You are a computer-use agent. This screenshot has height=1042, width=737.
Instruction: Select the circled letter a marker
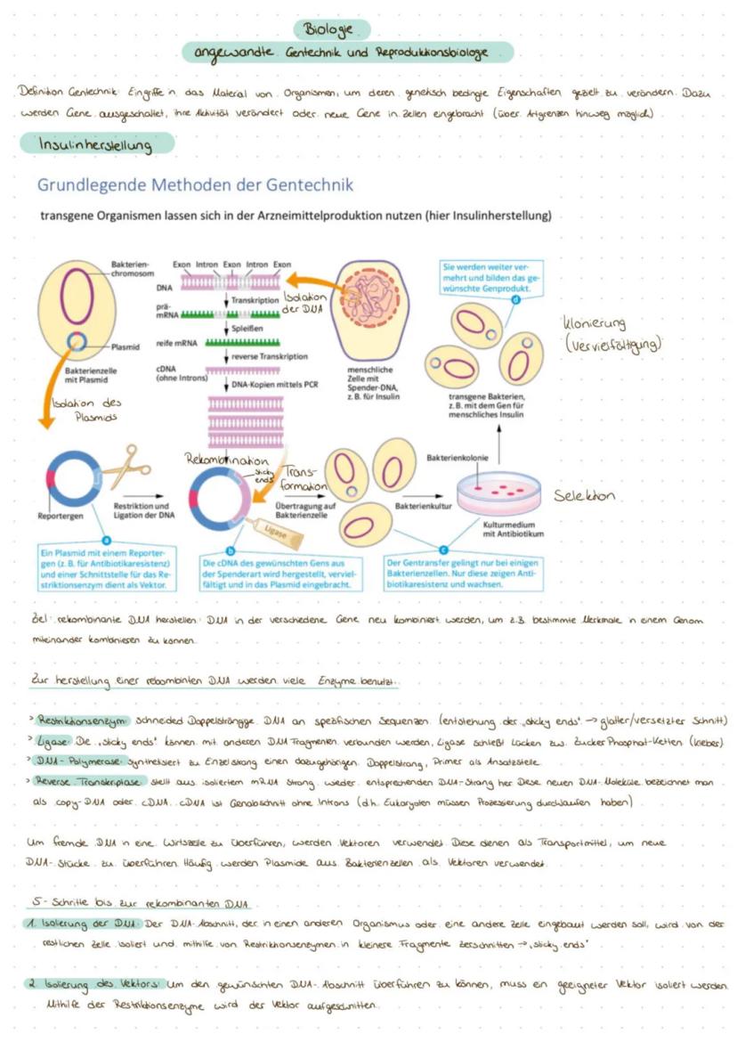[108, 539]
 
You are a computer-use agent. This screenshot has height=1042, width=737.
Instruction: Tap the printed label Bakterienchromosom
[131, 270]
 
